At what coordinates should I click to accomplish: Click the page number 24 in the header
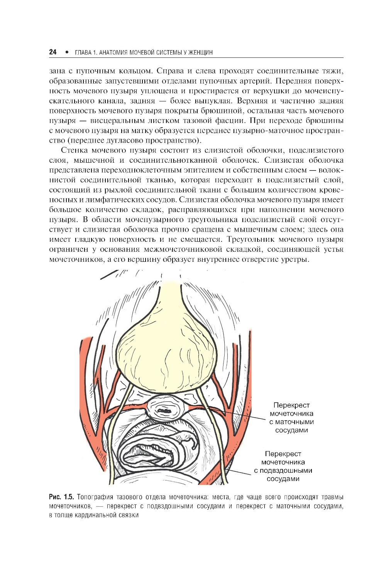[53, 52]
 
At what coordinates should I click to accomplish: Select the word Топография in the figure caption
[95, 497]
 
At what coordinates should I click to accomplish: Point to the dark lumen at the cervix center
[166, 411]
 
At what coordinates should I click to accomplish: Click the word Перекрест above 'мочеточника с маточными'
[291, 405]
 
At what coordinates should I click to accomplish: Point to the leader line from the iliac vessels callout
[239, 472]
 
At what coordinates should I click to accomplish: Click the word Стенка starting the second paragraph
[74, 150]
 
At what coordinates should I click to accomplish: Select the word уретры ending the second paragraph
[297, 259]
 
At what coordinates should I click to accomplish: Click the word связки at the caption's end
[129, 515]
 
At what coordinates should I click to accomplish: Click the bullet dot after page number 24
[67, 52]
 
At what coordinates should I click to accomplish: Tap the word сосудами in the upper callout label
[291, 430]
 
